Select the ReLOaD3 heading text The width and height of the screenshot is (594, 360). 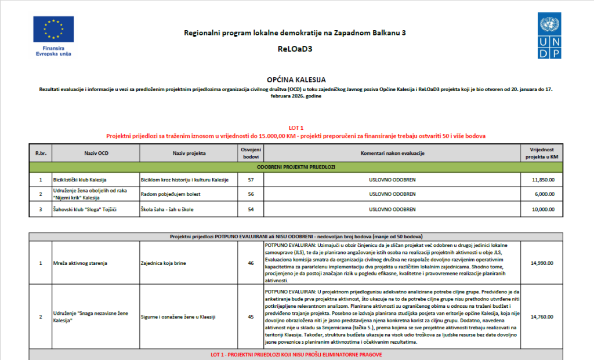295,49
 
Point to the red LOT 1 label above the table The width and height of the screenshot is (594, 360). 296,127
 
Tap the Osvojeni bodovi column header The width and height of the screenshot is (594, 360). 251,153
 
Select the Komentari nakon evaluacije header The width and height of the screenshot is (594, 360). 392,153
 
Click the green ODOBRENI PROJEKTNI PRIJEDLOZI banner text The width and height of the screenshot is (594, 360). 296,167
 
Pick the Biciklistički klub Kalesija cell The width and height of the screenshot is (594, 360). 79,180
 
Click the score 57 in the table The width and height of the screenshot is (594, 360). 251,180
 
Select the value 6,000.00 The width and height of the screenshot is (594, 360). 543,194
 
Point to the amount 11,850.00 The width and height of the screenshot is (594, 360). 543,180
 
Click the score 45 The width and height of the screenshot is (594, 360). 251,317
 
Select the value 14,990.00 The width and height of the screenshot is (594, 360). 543,263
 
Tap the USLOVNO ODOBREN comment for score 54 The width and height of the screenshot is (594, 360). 392,209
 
